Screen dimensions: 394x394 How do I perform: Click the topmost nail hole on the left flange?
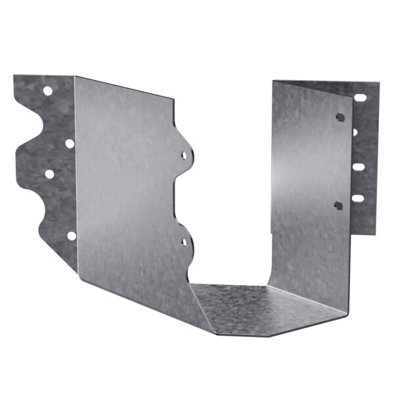[48, 91]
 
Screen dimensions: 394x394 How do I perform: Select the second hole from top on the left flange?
[69, 142]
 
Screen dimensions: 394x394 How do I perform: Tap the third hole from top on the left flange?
[49, 174]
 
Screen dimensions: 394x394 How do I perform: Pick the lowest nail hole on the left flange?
[71, 235]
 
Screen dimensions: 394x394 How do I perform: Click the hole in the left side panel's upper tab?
[184, 156]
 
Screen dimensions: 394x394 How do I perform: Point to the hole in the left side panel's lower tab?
[183, 242]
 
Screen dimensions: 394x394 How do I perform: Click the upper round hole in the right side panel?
[339, 118]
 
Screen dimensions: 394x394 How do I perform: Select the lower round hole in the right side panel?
[338, 206]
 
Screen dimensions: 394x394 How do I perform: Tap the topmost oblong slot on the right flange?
[360, 97]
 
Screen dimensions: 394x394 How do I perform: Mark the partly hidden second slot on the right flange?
[355, 132]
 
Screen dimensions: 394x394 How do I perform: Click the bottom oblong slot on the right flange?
[358, 198]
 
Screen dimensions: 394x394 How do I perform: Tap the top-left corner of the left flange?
[14, 76]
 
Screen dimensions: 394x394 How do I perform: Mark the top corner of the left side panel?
[76, 77]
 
